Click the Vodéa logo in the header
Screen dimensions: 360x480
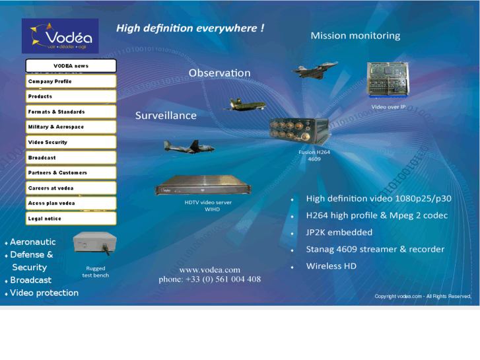coord(60,36)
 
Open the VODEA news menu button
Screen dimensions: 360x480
coord(71,66)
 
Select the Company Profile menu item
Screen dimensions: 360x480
coord(71,81)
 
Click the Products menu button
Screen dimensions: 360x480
coord(71,96)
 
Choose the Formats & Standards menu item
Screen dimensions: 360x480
coord(71,112)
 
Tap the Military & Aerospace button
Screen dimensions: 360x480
coord(71,127)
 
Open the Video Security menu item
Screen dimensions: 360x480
coord(71,142)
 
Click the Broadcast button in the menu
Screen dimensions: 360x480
coord(71,158)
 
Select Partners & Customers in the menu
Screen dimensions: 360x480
coord(71,172)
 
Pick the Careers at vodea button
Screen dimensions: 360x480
coord(71,188)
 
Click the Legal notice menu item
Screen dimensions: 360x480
coord(71,219)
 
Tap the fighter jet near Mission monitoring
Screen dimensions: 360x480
coord(315,70)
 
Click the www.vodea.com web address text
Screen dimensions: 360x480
coord(209,270)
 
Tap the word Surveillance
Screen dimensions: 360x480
coord(166,116)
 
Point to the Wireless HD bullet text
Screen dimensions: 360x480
coord(331,266)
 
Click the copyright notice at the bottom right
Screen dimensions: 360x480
coord(423,297)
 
